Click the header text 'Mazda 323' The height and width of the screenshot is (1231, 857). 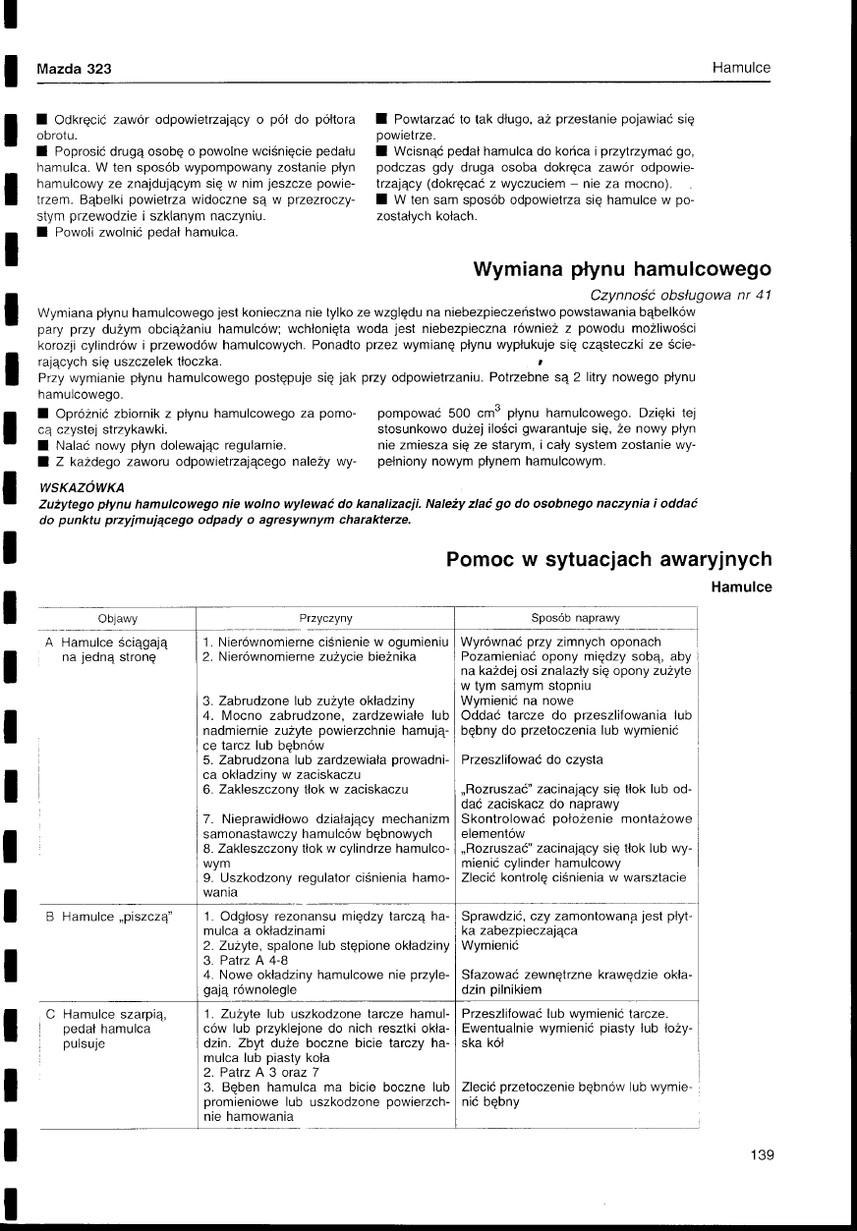pos(74,69)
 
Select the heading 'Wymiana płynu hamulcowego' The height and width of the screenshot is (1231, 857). pos(622,269)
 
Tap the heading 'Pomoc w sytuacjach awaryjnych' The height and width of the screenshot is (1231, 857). pos(608,559)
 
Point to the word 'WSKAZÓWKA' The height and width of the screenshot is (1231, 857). pos(80,487)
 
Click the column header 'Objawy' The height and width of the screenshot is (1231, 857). pos(117,618)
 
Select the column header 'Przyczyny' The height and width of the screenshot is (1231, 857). pos(325,618)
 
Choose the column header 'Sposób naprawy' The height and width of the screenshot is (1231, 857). pos(575,618)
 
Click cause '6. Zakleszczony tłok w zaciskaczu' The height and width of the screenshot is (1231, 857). pos(305,788)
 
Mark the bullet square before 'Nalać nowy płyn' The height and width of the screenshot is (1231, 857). pos(42,444)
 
